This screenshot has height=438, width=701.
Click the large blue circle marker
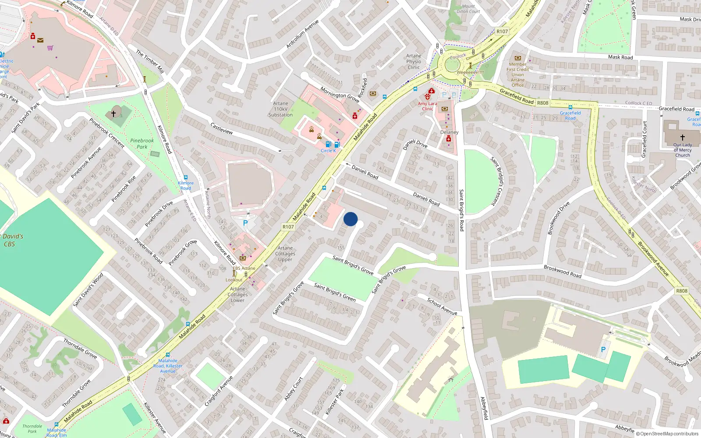coord(350,219)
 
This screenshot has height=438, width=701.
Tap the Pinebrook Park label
coord(142,144)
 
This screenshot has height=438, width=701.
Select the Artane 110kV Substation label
coord(280,109)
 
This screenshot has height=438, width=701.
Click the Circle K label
coord(328,151)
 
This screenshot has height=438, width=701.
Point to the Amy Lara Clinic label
coord(427,106)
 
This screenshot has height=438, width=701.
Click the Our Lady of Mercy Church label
coord(683,150)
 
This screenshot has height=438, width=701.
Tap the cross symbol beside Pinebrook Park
coord(113,113)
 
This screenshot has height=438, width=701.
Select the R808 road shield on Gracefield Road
coord(542,103)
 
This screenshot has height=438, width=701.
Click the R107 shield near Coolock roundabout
coord(502,32)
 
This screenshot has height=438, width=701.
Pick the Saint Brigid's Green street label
coord(335,292)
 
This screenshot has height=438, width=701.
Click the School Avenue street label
coord(442,306)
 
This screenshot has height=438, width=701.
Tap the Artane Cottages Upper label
coord(285,254)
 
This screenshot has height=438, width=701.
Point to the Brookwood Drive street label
coord(559,218)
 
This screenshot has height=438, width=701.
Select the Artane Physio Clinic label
coord(414,61)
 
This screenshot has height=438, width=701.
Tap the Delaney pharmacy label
coord(449,132)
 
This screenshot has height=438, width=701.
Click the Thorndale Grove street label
coord(80,348)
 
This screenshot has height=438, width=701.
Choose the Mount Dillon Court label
coord(468,9)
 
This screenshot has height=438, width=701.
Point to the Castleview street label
coord(222,128)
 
